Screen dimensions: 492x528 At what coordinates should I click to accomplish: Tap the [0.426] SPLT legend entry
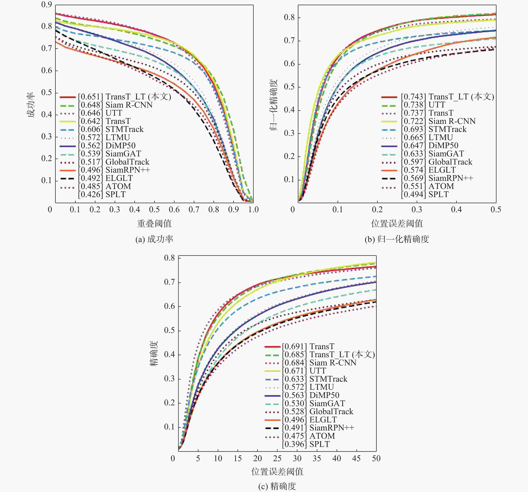102,194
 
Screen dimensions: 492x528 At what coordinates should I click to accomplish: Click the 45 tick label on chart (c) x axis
356,458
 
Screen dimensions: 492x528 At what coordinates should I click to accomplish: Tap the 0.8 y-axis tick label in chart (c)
169,258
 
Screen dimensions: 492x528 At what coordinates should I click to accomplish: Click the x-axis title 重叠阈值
154,224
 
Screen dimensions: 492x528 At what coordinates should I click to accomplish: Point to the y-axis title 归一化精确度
274,105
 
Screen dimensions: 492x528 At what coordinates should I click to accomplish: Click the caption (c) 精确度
277,486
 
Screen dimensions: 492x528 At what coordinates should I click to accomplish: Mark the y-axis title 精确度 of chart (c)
154,354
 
